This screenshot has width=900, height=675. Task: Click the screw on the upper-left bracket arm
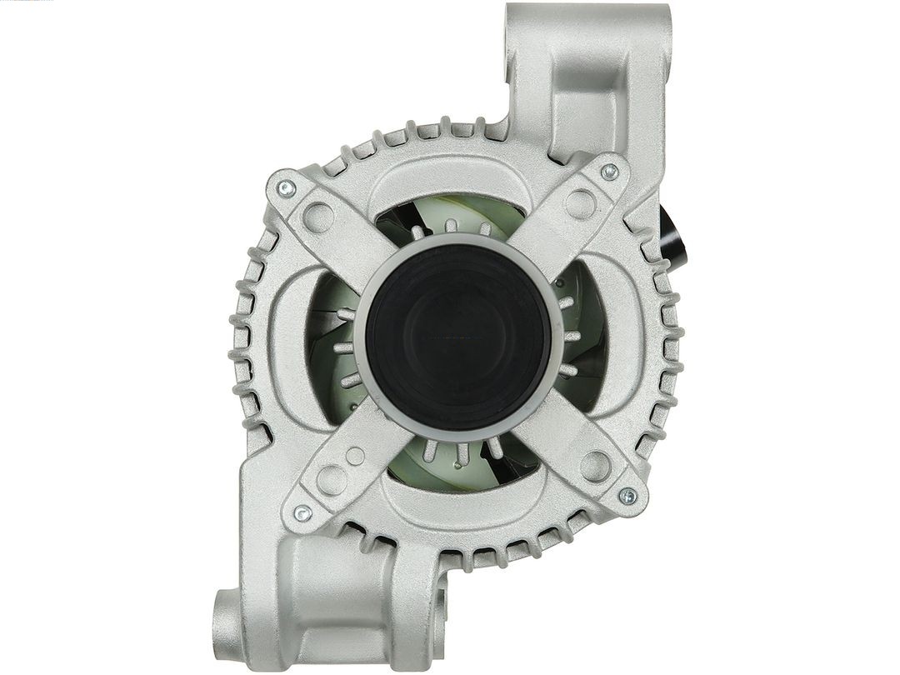point(287,188)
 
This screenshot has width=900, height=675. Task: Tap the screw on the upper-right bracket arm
point(609,172)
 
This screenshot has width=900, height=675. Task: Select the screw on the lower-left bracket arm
point(302,513)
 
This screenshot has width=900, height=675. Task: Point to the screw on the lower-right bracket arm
point(627,497)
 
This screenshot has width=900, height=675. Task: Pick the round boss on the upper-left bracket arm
point(318,218)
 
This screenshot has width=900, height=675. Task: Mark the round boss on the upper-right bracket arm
point(580,203)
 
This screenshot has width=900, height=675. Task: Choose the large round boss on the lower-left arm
point(332,480)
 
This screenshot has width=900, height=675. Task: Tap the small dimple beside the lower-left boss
point(356,456)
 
